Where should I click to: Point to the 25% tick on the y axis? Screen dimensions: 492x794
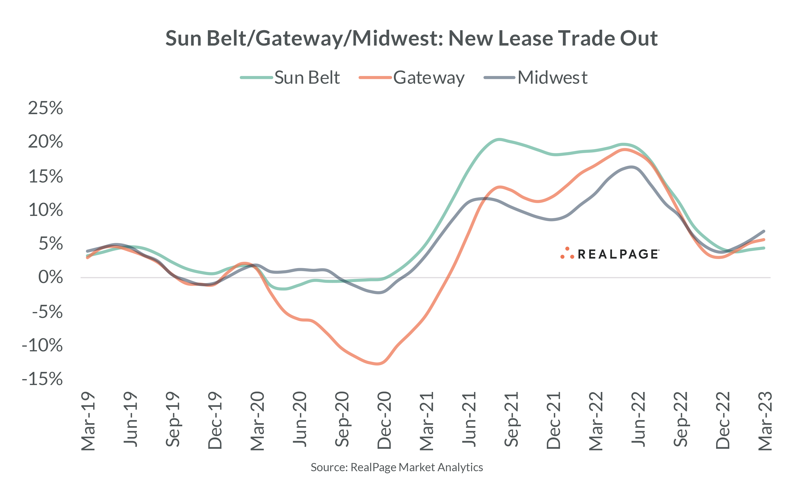[x=45, y=108]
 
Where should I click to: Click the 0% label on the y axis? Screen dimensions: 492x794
[x=51, y=277]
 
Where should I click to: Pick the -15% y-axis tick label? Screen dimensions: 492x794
[x=42, y=379]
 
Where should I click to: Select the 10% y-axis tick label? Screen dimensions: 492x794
[x=46, y=209]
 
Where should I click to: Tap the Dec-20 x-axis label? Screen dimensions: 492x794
[x=384, y=420]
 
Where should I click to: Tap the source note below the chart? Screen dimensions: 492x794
[x=397, y=467]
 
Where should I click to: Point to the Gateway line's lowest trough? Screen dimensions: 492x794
[x=378, y=364]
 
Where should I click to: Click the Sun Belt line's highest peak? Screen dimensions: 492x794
[x=498, y=140]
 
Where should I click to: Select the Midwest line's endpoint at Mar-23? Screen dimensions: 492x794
[x=764, y=231]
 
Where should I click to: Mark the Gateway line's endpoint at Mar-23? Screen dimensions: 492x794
[x=764, y=240]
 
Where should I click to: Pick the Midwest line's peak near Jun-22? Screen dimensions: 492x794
[x=632, y=167]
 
